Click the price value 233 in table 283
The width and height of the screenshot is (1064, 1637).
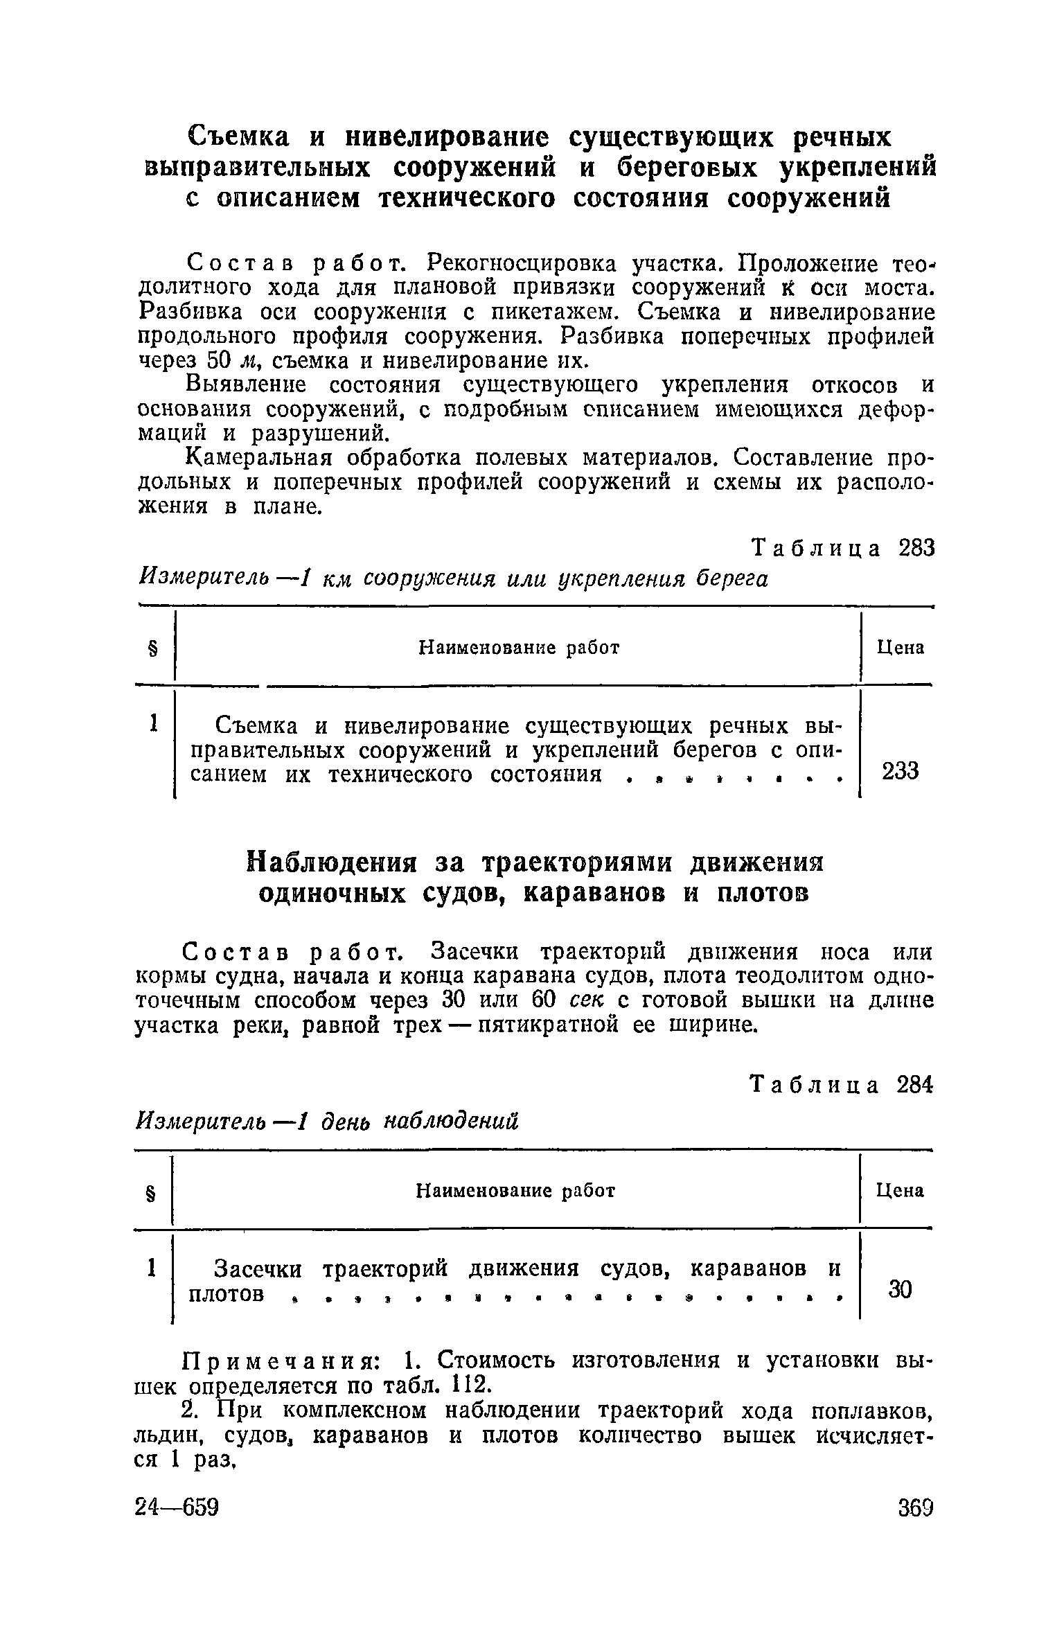900,770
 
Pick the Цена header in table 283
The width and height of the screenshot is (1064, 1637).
901,648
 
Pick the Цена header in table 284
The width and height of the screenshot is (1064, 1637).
900,1190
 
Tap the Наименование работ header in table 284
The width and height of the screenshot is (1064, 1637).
515,1190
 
